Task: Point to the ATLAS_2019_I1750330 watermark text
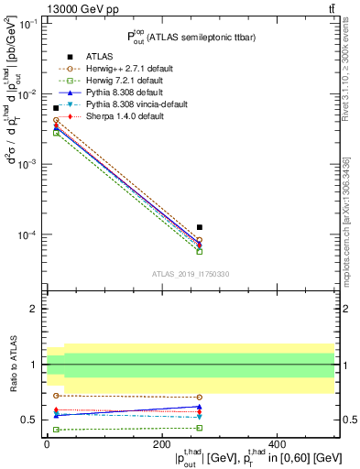(191, 274)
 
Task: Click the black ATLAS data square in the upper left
(56, 108)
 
